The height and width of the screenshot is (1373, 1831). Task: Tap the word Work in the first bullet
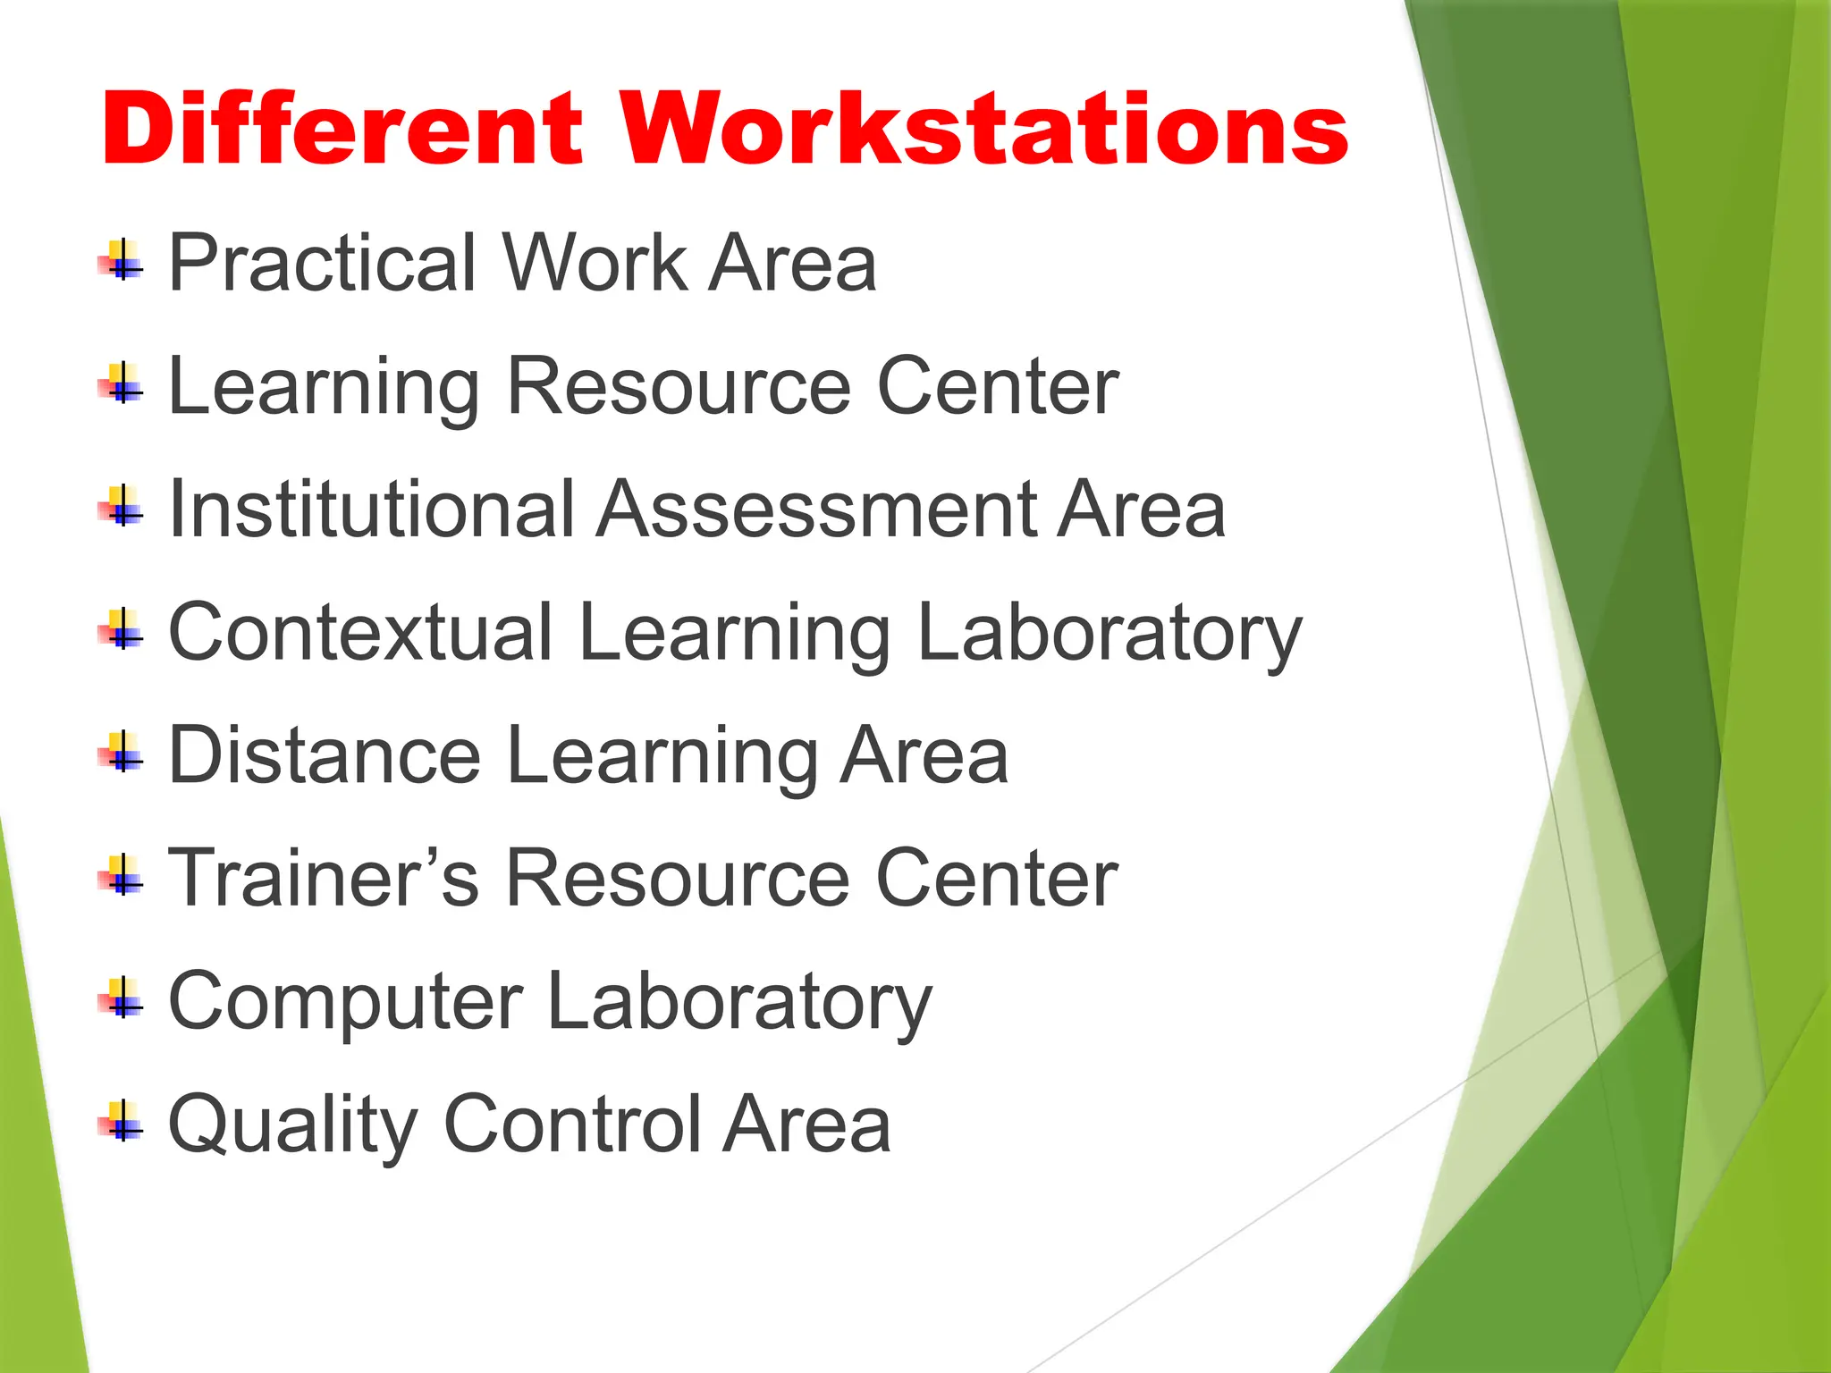(x=595, y=263)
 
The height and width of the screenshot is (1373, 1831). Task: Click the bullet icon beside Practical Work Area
(x=122, y=261)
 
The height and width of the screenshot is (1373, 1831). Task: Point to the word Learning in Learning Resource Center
(x=324, y=388)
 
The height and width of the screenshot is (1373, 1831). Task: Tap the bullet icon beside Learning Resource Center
(x=122, y=384)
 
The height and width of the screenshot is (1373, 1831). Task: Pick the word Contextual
(x=360, y=633)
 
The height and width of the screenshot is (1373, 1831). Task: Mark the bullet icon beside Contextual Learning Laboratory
(x=122, y=630)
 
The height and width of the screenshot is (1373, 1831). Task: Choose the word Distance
(x=325, y=756)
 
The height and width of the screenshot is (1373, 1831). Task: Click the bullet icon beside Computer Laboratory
(x=122, y=999)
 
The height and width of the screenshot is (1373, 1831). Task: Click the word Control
(x=572, y=1125)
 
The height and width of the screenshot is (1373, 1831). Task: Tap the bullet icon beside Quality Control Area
(x=122, y=1122)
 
